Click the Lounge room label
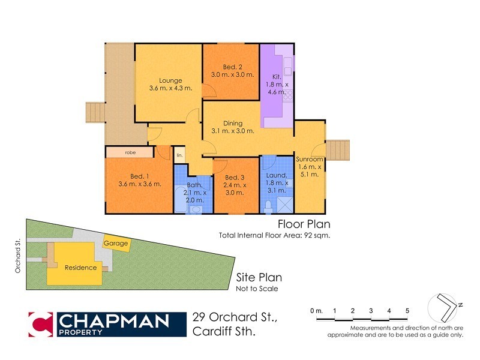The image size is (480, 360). pyautogui.click(x=170, y=81)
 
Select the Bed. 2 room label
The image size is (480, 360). pyautogui.click(x=233, y=67)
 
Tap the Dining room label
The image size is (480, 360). pyautogui.click(x=233, y=124)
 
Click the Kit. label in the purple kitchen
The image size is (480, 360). pyautogui.click(x=276, y=77)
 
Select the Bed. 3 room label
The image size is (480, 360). pyautogui.click(x=235, y=178)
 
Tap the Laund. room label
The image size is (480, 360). pyautogui.click(x=277, y=176)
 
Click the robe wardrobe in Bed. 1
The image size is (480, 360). pyautogui.click(x=130, y=152)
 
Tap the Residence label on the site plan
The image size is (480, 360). pyautogui.click(x=80, y=268)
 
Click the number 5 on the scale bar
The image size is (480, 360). pyautogui.click(x=407, y=310)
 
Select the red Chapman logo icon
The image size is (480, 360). pyautogui.click(x=41, y=324)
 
